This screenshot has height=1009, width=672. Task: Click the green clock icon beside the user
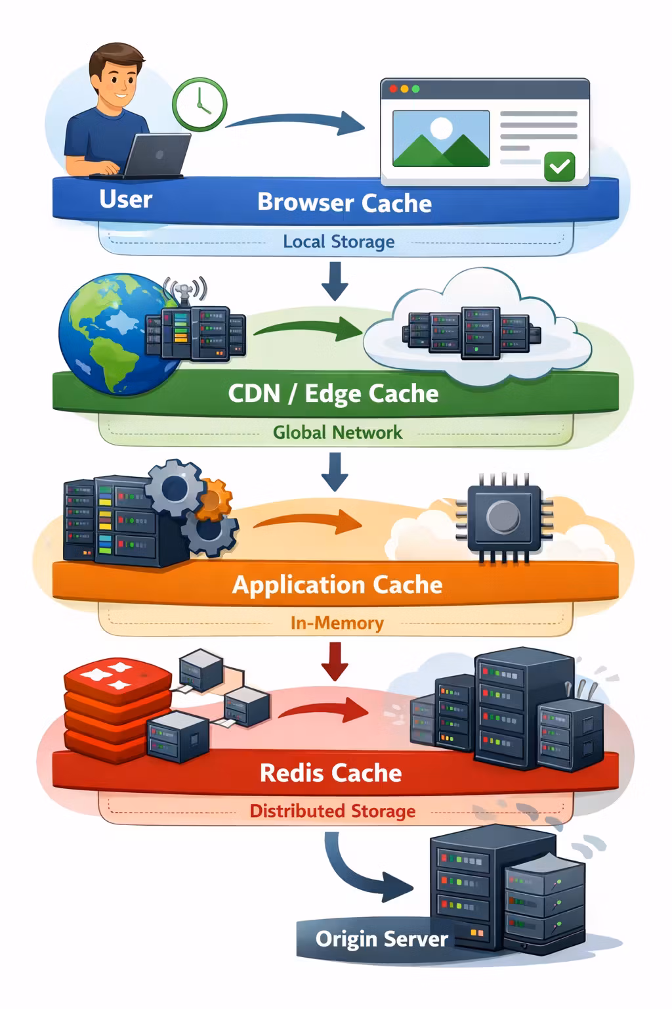click(199, 104)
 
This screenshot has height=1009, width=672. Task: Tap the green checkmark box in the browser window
click(559, 166)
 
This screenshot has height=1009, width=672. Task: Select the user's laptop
click(156, 156)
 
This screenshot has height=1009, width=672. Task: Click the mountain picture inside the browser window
click(440, 139)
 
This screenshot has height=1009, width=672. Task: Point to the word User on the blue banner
click(125, 199)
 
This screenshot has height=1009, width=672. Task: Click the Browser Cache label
click(344, 203)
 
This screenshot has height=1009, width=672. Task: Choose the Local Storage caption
click(339, 242)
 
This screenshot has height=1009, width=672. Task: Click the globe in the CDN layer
click(105, 335)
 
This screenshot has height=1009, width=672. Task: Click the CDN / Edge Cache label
click(333, 393)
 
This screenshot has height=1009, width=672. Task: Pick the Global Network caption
click(337, 432)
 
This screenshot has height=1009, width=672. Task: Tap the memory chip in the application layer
click(503, 518)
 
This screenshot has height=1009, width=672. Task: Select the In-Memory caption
click(337, 622)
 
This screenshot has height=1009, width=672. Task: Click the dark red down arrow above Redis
click(335, 661)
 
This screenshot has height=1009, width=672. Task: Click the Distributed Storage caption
click(332, 811)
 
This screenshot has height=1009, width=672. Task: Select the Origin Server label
click(381, 939)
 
